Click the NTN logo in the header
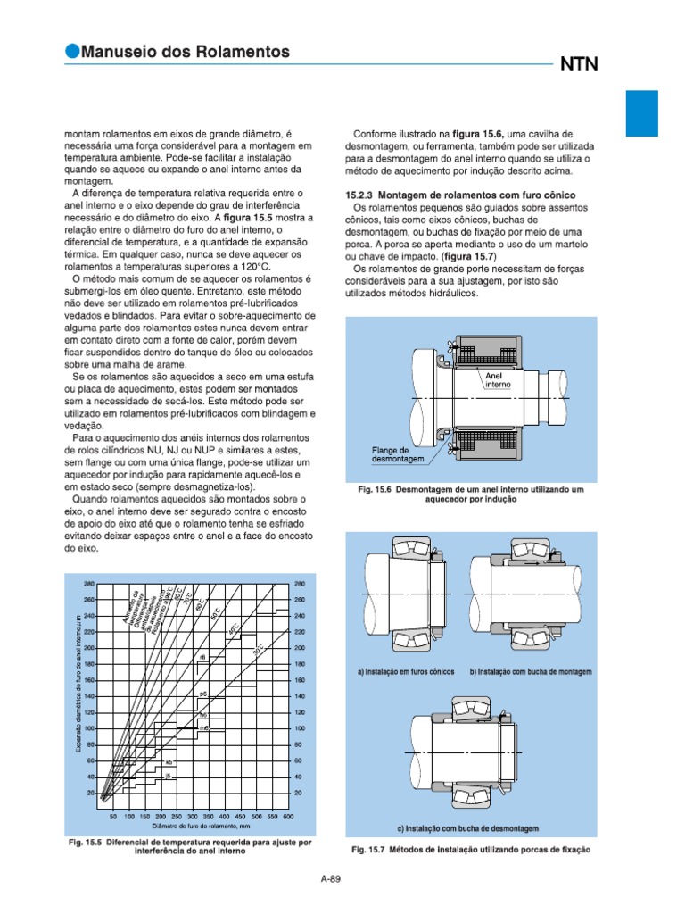pos(579,64)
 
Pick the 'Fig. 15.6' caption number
pos(374,490)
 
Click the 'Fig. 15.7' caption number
pos(368,851)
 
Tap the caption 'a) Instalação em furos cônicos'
pos(405,671)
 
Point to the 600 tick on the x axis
pos(288,817)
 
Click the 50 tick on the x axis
pos(113,817)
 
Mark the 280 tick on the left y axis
pos(89,584)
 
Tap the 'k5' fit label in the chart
pos(169,761)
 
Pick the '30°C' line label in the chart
pos(258,649)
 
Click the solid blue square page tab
pos(641,112)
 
